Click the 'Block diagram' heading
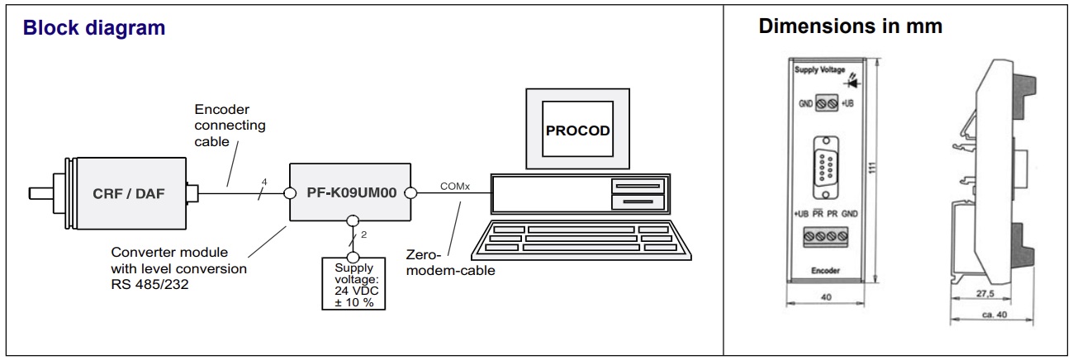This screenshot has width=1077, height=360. coord(94,27)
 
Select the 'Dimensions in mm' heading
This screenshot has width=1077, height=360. coord(851,26)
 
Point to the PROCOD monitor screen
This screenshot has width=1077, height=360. coord(577,130)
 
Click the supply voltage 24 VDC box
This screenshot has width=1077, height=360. coord(353,283)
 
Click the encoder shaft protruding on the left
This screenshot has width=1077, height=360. coord(40,195)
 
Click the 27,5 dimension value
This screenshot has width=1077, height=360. coord(982,293)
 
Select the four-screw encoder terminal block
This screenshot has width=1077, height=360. coord(826,239)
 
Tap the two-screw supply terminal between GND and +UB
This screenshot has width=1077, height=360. coord(827,104)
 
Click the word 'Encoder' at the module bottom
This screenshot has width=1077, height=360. coord(826,270)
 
